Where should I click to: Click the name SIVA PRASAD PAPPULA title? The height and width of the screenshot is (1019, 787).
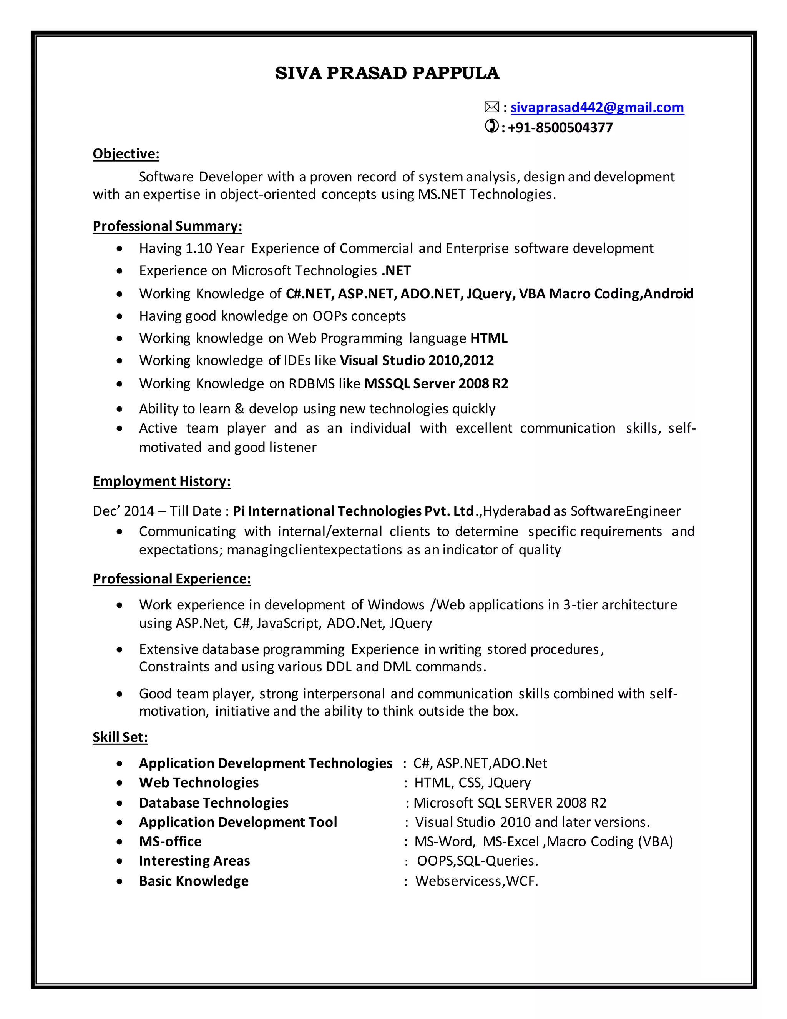[387, 73]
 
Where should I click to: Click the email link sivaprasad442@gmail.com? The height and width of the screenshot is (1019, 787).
[597, 107]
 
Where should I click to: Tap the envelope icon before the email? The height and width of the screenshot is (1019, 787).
[491, 107]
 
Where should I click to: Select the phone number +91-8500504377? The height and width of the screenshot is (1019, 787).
[560, 127]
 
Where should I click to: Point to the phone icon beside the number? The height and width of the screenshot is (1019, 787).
[491, 126]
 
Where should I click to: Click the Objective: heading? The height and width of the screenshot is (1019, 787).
[126, 153]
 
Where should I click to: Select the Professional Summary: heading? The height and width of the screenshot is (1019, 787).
[168, 226]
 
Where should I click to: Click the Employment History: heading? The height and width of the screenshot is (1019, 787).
[161, 481]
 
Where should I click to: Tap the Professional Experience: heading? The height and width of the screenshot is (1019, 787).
[171, 579]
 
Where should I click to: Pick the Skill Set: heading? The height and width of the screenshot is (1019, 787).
[120, 737]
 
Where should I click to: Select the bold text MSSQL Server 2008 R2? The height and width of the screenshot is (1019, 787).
[436, 383]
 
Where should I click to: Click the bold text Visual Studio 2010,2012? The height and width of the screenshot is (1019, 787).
[416, 360]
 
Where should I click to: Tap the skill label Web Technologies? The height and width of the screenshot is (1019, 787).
[199, 783]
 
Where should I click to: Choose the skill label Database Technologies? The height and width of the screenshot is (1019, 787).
[214, 803]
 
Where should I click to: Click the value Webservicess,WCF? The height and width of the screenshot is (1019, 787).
[477, 881]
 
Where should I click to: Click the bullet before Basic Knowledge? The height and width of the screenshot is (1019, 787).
[120, 881]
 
